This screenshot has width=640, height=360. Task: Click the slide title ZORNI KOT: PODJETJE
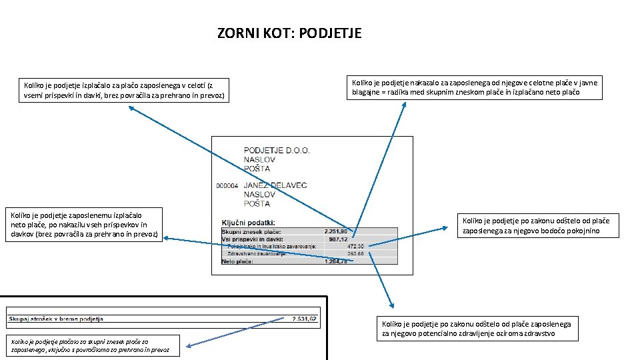pos(289,33)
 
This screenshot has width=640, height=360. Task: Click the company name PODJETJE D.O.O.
pos(277,151)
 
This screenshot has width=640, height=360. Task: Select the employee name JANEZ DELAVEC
pos(275,185)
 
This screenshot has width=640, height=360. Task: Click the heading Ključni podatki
pos(249,222)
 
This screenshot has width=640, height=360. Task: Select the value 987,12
pos(339,239)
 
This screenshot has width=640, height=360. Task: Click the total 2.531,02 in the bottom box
pos(303,319)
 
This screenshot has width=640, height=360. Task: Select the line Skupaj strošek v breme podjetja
pos(56,319)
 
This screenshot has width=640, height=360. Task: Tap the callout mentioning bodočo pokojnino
pos(535,225)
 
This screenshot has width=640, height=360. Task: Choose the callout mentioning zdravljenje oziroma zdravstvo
pos(477,329)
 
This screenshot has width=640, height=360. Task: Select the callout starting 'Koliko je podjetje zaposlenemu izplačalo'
pos(83,225)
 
